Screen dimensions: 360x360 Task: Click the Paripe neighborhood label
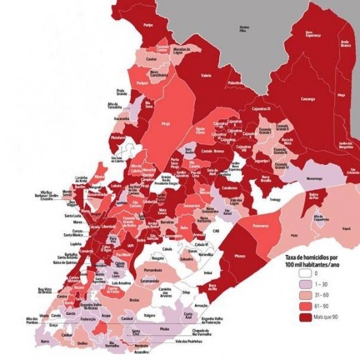tap(148, 25)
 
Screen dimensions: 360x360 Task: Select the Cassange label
tap(308, 98)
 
